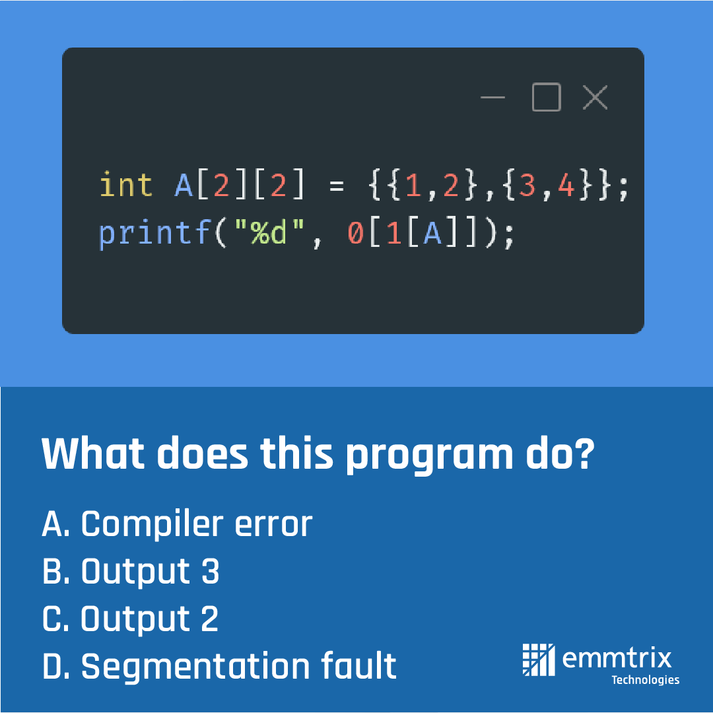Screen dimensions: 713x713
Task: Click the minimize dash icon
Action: pyautogui.click(x=492, y=98)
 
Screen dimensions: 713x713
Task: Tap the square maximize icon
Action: pyautogui.click(x=546, y=98)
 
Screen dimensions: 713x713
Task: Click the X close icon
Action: pyautogui.click(x=595, y=98)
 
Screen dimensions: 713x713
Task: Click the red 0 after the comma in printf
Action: pyautogui.click(x=356, y=233)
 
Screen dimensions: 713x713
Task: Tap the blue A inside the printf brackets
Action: pyautogui.click(x=432, y=233)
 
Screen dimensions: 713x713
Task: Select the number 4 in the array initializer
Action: pyautogui.click(x=566, y=186)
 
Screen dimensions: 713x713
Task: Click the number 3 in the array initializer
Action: pyautogui.click(x=527, y=186)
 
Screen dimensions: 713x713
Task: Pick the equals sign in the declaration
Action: pyautogui.click(x=337, y=187)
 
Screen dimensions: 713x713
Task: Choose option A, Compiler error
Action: pyautogui.click(x=177, y=524)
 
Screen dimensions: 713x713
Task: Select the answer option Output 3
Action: pyautogui.click(x=131, y=572)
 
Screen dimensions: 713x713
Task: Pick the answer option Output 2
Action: pyautogui.click(x=130, y=619)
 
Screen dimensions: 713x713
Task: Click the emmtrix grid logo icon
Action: pyautogui.click(x=539, y=659)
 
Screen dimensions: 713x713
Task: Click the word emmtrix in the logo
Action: pyautogui.click(x=617, y=658)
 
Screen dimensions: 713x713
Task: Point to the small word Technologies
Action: pyautogui.click(x=645, y=680)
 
